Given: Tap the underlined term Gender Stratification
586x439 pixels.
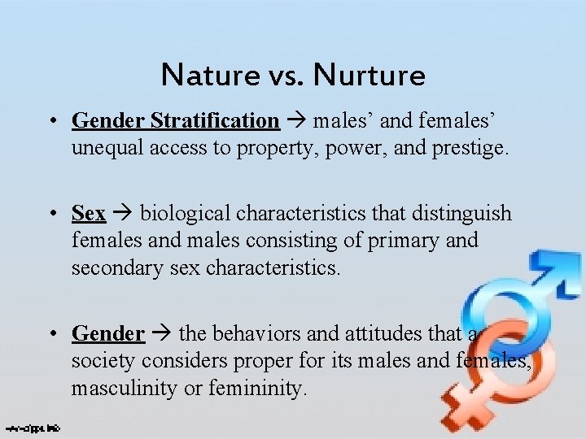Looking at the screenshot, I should [175, 121].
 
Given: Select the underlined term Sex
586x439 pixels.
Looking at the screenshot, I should [89, 214].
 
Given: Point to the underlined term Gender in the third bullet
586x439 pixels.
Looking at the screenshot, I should [108, 333].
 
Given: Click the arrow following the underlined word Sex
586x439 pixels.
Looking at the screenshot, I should [122, 214].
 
